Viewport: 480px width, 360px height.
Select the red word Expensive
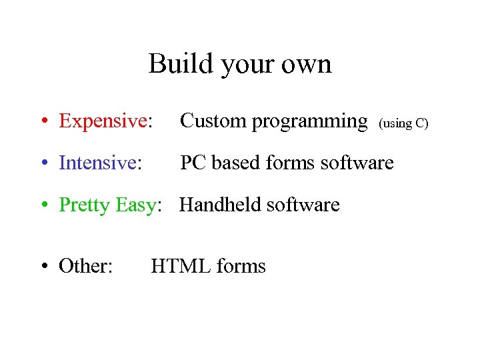[103, 121]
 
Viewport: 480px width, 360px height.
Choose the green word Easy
[135, 205]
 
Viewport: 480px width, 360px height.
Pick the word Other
[85, 266]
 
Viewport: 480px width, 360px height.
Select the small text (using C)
[403, 123]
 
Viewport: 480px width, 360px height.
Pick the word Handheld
[220, 205]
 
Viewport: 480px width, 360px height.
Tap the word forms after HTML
[241, 266]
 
